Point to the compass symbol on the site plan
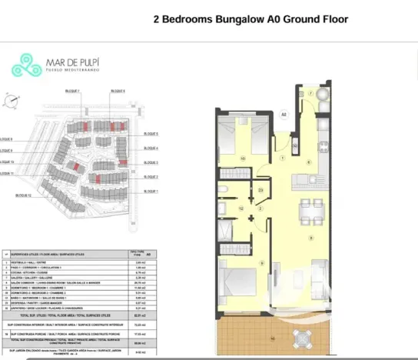point(10,99)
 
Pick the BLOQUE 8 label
point(7,140)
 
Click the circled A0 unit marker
point(283,115)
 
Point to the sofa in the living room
point(318,277)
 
